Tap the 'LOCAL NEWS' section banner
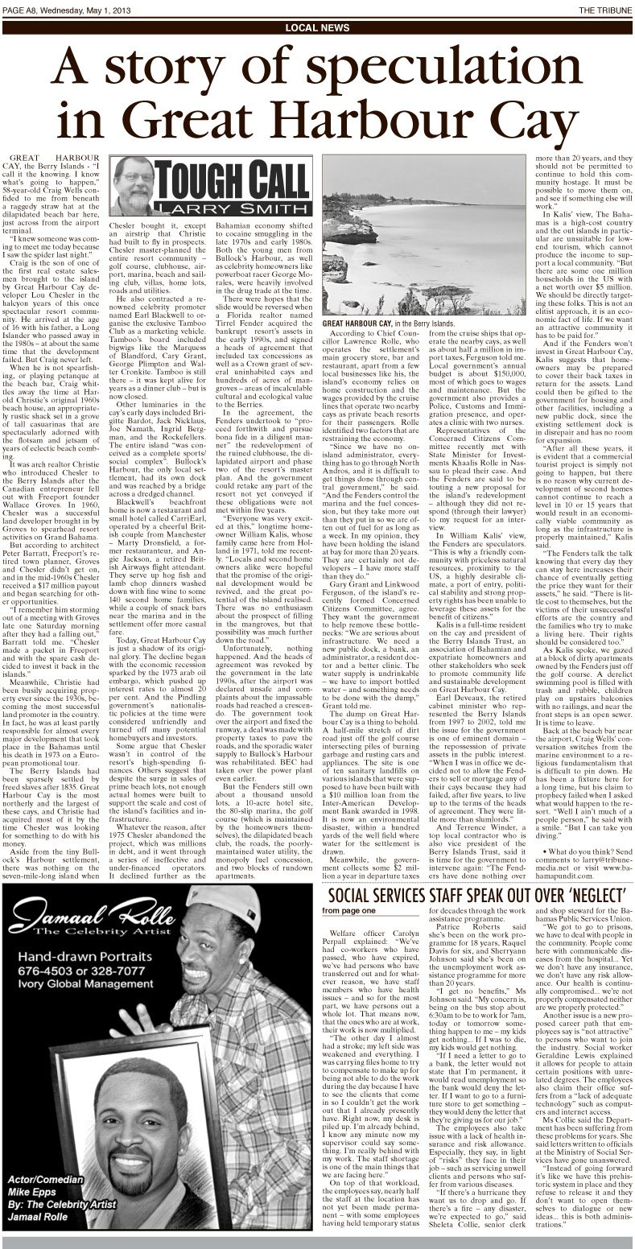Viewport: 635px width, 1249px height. coord(317,27)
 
